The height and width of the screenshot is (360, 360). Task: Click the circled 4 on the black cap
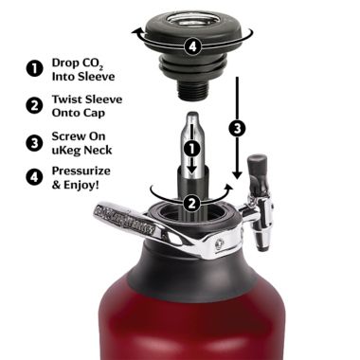pyautogui.click(x=193, y=44)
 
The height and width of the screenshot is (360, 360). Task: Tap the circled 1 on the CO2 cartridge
pyautogui.click(x=193, y=149)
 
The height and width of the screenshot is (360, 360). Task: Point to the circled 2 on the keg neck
pyautogui.click(x=193, y=201)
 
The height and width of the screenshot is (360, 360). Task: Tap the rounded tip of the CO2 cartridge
pyautogui.click(x=193, y=121)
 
